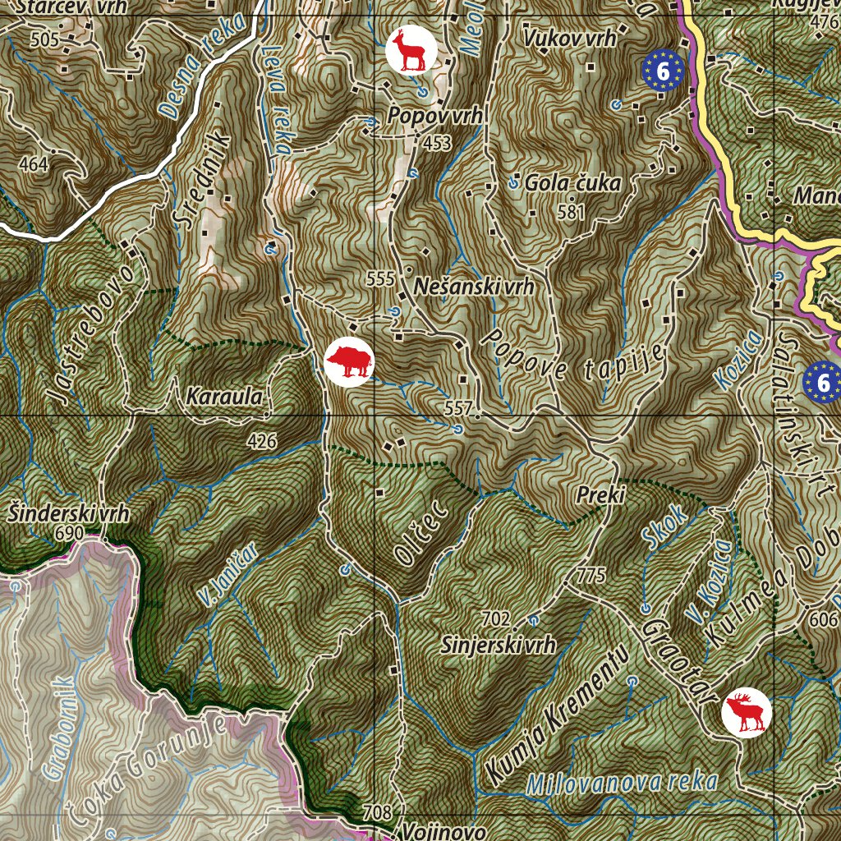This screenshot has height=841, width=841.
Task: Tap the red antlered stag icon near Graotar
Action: [x=747, y=712]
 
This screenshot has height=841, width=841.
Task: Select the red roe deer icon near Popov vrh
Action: [x=410, y=50]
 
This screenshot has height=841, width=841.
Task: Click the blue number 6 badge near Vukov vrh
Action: [x=664, y=69]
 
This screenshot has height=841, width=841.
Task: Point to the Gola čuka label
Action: [x=573, y=183]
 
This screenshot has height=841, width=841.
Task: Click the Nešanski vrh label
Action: [x=475, y=287]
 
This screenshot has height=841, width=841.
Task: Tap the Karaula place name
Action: [x=225, y=398]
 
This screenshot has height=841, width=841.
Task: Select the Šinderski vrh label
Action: [x=69, y=515]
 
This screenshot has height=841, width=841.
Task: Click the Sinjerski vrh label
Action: [x=499, y=645]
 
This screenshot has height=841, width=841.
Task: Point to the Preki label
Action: [x=601, y=495]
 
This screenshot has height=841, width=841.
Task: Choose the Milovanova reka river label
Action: [x=623, y=782]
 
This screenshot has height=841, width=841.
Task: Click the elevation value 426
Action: [x=262, y=442]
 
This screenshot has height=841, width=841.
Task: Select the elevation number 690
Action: [x=71, y=534]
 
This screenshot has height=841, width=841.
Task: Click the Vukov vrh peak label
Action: [x=568, y=39]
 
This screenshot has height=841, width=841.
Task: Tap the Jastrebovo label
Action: [x=90, y=334]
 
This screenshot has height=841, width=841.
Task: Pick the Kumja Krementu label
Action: [x=556, y=713]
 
